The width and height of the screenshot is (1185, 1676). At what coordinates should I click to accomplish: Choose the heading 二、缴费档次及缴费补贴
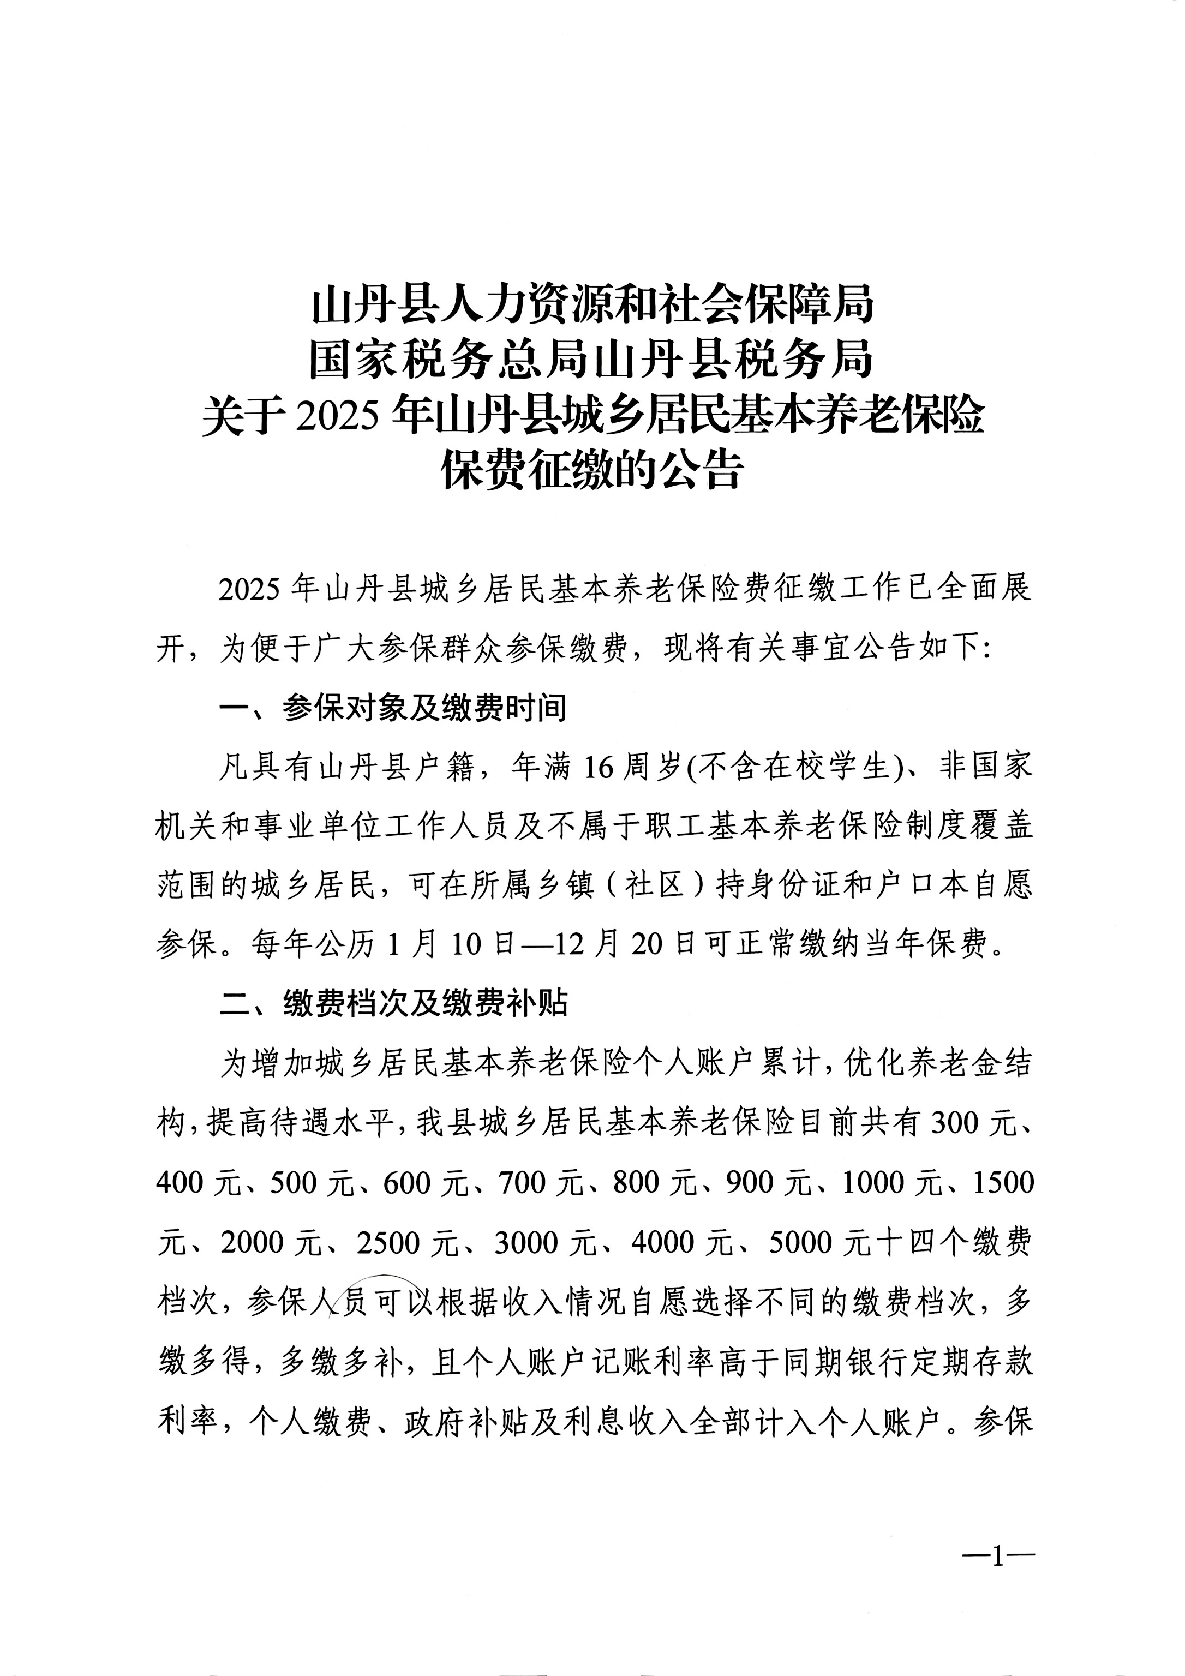tap(394, 1004)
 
